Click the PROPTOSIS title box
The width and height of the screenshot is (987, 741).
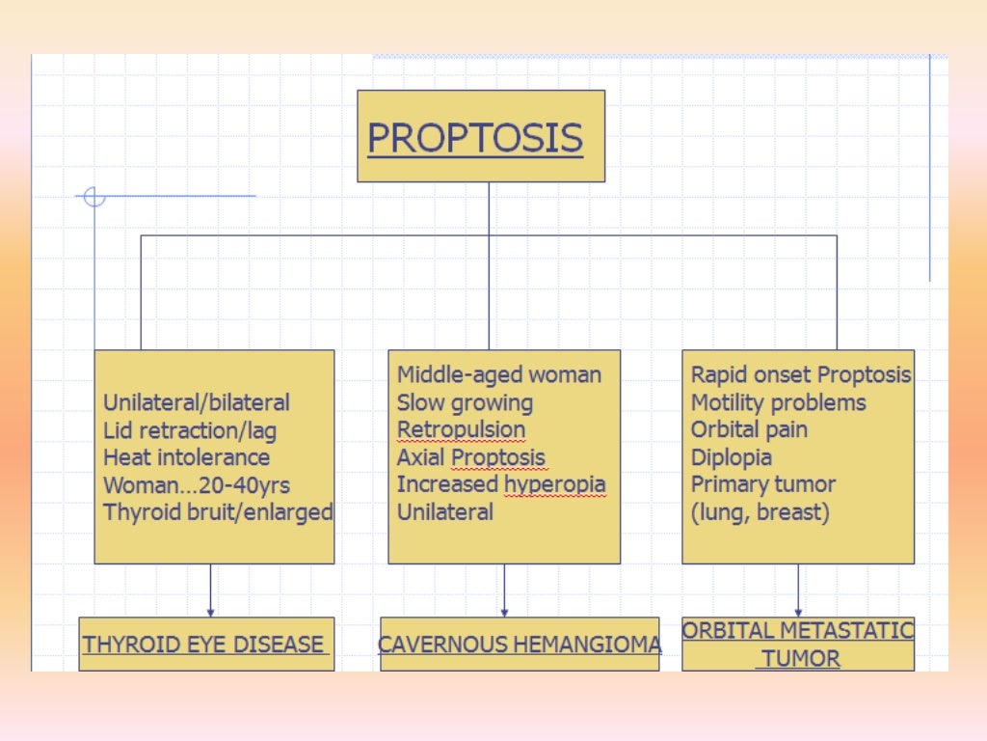click(x=480, y=136)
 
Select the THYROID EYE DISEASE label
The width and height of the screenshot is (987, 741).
click(x=205, y=645)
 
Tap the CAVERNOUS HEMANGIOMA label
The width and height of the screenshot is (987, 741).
click(x=520, y=645)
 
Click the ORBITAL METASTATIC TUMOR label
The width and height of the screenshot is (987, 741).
click(x=797, y=645)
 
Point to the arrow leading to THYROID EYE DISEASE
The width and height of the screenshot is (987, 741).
click(x=210, y=591)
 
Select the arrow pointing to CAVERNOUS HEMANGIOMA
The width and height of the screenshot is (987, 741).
click(x=504, y=591)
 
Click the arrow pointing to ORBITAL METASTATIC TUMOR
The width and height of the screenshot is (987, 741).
click(x=798, y=591)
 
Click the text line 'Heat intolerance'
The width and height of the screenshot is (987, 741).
click(x=186, y=457)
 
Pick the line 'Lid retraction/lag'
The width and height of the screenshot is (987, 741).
click(x=189, y=430)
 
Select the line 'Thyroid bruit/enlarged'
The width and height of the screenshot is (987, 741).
click(x=217, y=511)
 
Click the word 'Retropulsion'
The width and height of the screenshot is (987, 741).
click(x=461, y=429)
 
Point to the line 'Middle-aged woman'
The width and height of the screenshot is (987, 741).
click(x=498, y=375)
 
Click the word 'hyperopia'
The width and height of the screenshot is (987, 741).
click(x=555, y=484)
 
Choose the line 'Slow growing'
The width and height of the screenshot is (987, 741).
click(x=465, y=402)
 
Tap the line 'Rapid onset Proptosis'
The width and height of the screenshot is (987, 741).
click(x=800, y=375)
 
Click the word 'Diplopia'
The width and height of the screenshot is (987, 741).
click(x=731, y=457)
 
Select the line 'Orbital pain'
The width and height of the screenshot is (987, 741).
click(x=749, y=429)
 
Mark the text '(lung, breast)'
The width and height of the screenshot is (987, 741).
click(x=760, y=511)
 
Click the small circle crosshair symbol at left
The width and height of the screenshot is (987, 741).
click(x=94, y=197)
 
